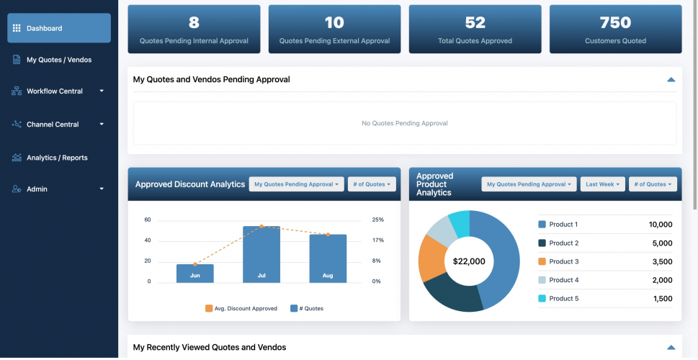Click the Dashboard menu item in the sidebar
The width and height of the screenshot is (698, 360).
(x=59, y=28)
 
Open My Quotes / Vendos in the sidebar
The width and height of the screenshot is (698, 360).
(x=59, y=60)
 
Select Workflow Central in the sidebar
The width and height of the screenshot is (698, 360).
(x=55, y=91)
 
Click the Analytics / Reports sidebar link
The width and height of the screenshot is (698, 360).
(x=57, y=158)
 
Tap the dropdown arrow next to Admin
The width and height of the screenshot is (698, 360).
(x=102, y=189)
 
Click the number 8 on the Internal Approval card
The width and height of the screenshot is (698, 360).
(x=194, y=22)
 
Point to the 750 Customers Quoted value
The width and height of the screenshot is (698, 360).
(x=615, y=22)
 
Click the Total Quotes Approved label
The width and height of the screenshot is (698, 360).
(x=475, y=41)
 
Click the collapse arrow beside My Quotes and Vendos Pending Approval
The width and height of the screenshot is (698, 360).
(x=671, y=79)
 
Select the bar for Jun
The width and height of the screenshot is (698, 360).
(x=194, y=273)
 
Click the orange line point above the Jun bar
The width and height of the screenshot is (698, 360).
(x=195, y=264)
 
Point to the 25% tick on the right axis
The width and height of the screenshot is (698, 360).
(x=377, y=220)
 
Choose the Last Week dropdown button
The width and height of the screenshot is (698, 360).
(x=602, y=184)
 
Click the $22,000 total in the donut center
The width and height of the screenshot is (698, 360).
(x=469, y=261)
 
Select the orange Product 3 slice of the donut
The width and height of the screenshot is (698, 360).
(x=432, y=257)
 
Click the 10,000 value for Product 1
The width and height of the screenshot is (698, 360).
(x=660, y=225)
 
